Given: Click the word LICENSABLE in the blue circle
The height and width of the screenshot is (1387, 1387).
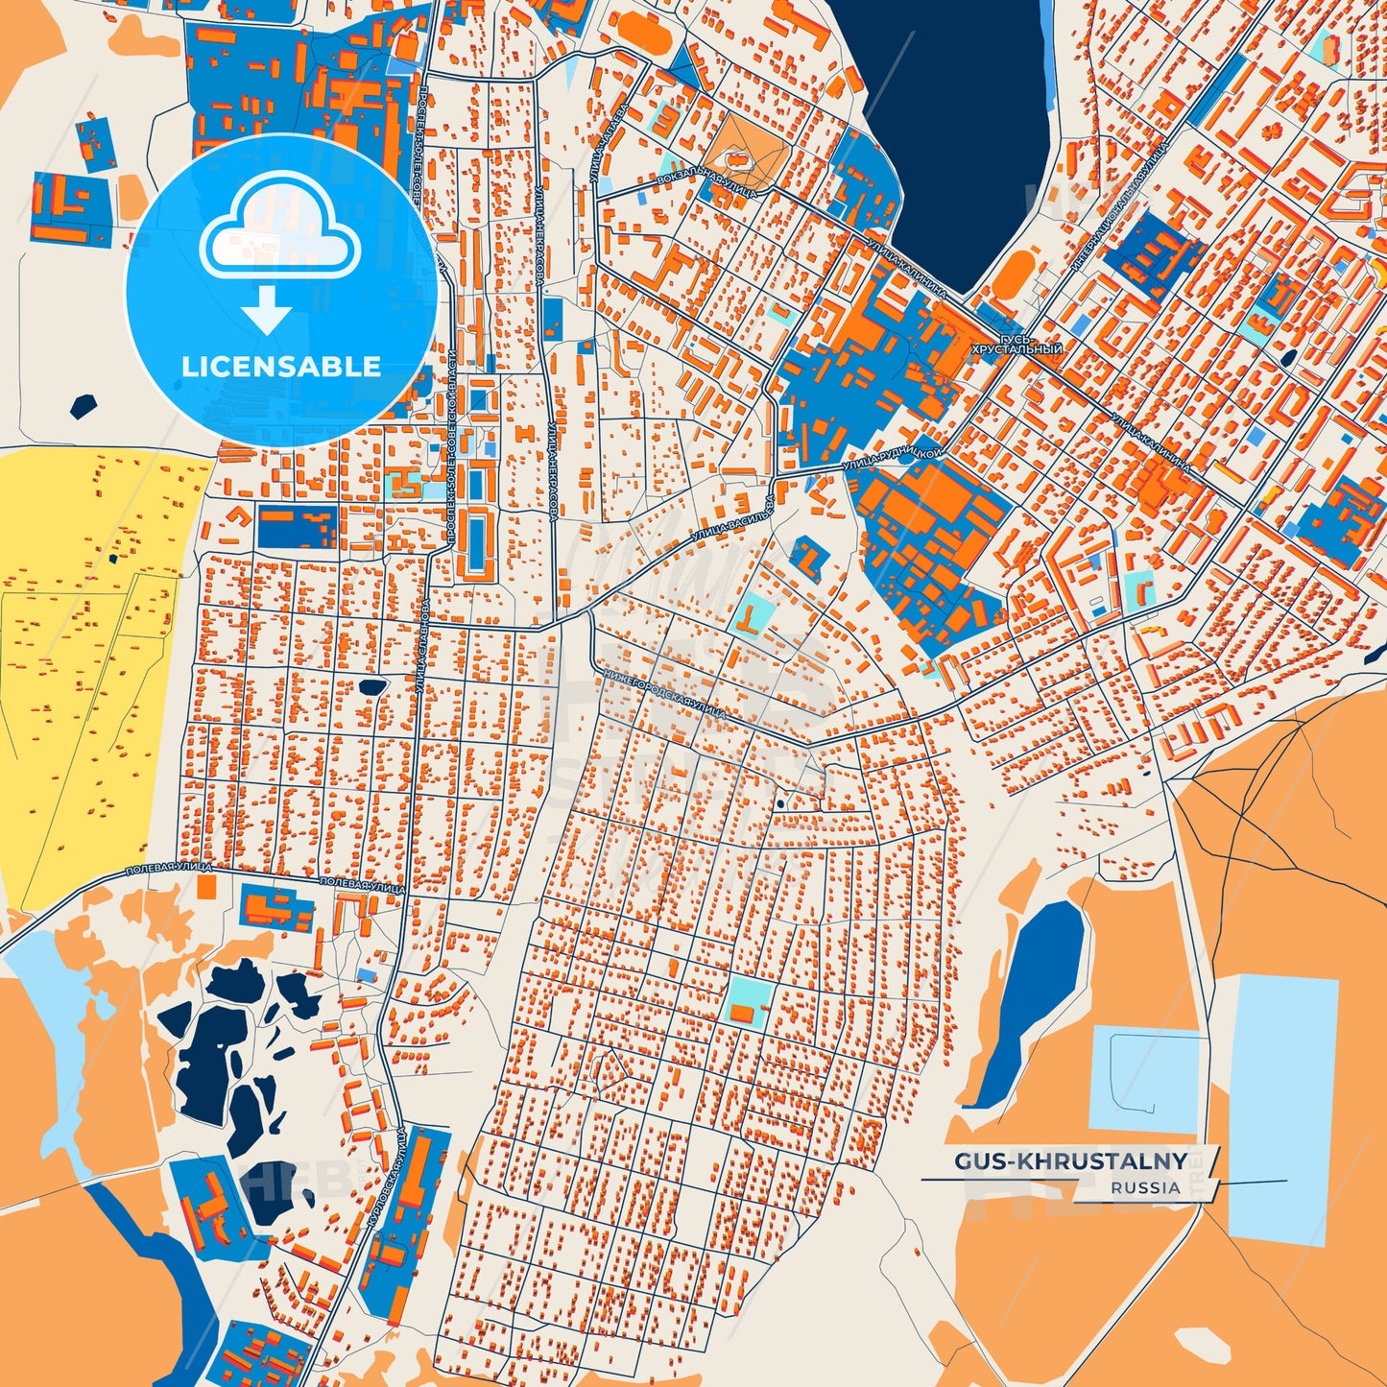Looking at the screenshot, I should (280, 367).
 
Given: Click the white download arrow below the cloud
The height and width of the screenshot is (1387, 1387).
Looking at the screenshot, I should (267, 309).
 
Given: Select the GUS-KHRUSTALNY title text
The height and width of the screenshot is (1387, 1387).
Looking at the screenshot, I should (1070, 1161).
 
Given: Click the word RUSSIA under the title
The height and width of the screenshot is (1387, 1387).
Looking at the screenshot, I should (1146, 1188).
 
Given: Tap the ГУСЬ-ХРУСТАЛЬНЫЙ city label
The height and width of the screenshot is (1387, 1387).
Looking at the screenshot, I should (1016, 346).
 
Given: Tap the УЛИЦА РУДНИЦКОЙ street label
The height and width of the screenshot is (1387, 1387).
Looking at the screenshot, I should (893, 458).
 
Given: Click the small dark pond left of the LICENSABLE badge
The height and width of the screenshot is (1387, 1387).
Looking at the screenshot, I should (84, 405).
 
